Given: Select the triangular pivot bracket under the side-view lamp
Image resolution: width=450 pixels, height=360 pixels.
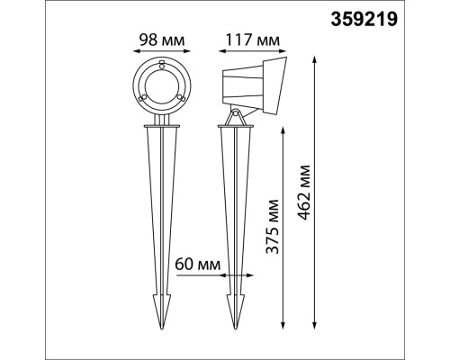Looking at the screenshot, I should tap(236, 117).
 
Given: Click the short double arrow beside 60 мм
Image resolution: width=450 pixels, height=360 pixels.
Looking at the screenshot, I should tap(198, 277).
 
